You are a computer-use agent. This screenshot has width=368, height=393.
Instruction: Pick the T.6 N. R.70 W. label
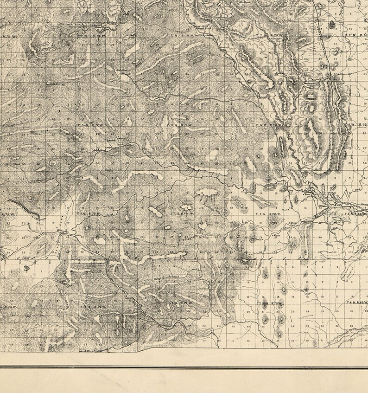tap(274, 125)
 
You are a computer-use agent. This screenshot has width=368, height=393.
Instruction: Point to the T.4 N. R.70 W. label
tap(270, 304)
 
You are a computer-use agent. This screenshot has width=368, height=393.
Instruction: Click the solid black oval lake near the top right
tap(332, 24)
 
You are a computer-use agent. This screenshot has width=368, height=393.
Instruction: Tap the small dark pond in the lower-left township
tap(26, 268)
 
